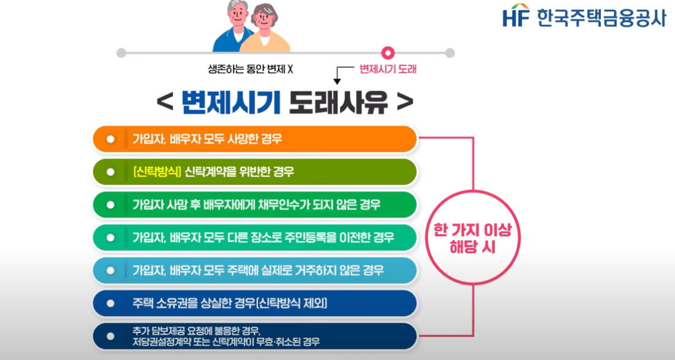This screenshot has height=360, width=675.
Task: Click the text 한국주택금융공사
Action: click(600, 17)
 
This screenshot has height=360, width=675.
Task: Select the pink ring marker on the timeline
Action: click(388, 53)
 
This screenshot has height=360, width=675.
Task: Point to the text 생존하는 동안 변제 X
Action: click(251, 69)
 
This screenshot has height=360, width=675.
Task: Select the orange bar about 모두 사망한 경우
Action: click(255, 139)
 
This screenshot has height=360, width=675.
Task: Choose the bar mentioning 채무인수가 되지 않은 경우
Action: click(255, 204)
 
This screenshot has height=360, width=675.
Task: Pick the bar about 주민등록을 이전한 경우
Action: click(255, 237)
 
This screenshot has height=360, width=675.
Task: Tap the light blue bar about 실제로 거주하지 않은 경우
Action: click(255, 270)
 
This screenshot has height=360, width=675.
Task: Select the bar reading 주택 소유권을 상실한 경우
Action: click(255, 303)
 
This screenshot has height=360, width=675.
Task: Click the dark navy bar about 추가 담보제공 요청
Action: click(255, 336)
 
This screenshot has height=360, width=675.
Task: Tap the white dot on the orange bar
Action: click(111, 139)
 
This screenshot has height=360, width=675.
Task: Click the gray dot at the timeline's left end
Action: click(121, 53)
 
